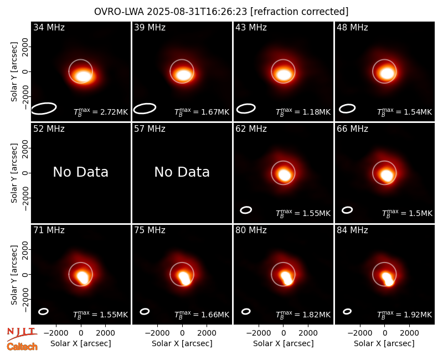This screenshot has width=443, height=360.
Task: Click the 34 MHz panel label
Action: tap(49, 27)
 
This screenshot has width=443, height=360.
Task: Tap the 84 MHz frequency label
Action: tap(352, 230)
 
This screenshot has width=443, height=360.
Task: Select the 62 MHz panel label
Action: tap(251, 129)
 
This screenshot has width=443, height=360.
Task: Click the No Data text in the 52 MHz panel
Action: tap(80, 172)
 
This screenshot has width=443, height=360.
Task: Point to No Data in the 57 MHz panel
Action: tap(182, 172)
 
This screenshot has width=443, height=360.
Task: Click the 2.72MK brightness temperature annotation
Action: tap(101, 112)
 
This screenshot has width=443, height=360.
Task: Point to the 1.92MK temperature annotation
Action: tap(405, 314)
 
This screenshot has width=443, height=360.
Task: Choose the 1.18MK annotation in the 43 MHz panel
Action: tap(303, 112)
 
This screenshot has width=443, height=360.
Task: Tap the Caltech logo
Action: tap(22, 347)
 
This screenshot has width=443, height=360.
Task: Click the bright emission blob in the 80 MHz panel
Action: tap(287, 279)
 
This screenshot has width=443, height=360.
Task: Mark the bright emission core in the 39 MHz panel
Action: tap(183, 75)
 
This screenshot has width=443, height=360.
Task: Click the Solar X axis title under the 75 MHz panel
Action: tap(182, 343)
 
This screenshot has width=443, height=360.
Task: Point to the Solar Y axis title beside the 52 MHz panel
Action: tap(14, 173)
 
